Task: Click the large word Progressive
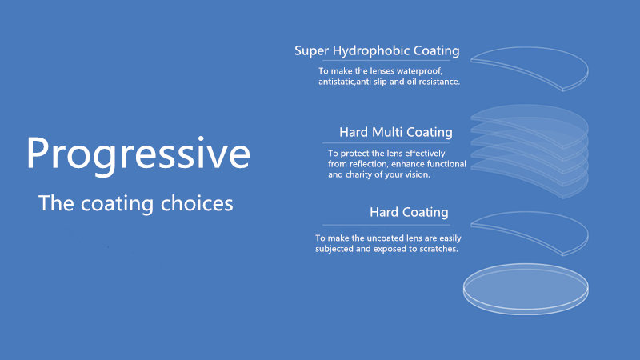(x=138, y=153)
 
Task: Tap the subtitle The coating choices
(x=136, y=203)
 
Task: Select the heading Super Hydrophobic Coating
(x=377, y=51)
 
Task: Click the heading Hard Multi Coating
(x=395, y=132)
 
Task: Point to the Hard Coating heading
(x=408, y=213)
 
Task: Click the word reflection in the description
(x=361, y=163)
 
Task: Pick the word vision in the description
(x=418, y=174)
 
